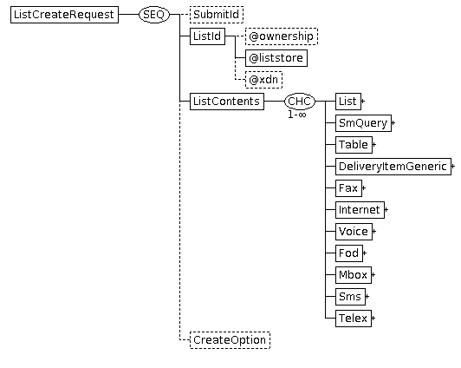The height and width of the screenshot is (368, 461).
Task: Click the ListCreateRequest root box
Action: pos(64,15)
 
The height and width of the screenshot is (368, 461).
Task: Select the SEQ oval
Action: pos(154,15)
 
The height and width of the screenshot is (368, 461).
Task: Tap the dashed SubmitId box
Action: pos(217,15)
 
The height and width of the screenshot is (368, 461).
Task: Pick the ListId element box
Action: pos(207,36)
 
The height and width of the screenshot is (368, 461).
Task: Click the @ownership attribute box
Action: pos(282,36)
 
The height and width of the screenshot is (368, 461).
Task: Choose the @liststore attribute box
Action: pos(276,58)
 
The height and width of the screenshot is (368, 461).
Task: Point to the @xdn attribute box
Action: pos(263,80)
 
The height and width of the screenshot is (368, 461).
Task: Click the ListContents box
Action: pos(227,102)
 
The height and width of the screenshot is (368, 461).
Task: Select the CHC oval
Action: pos(300,102)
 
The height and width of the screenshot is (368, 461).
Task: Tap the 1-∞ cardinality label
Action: pos(297,115)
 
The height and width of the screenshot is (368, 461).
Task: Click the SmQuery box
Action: pos(363,123)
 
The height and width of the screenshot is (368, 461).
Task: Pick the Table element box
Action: pos(354,145)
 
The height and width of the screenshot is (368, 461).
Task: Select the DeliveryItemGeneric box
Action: pos(393,167)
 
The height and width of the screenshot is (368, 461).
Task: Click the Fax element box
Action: pos(348,188)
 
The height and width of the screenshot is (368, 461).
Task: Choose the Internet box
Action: pos(360,210)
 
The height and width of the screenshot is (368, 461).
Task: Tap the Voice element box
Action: pos(354,232)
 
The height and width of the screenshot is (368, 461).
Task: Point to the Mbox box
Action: pos(354,275)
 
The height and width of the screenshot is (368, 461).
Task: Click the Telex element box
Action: pos(354,319)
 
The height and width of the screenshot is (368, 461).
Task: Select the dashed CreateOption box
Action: pos(230,340)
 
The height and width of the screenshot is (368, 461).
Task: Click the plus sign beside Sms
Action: pos(367,297)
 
